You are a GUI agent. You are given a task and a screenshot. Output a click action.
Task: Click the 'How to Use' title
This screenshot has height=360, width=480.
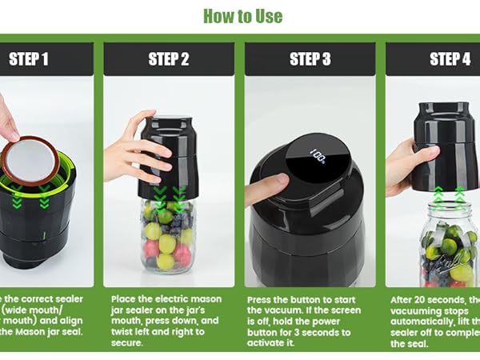[242, 16]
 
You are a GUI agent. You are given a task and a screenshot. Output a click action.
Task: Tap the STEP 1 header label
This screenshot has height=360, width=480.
[29, 58]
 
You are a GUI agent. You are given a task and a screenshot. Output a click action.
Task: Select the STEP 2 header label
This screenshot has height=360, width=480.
[169, 58]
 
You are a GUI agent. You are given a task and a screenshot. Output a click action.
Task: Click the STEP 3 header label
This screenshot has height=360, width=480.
[310, 58]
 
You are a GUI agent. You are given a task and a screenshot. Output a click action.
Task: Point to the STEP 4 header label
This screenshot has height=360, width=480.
[450, 58]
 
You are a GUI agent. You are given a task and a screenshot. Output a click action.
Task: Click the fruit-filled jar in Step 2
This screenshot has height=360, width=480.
[167, 236]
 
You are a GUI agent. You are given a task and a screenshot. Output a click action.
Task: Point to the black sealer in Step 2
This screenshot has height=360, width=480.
[170, 156]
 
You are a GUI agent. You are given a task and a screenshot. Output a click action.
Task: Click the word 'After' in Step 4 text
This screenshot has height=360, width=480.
[405, 298]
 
